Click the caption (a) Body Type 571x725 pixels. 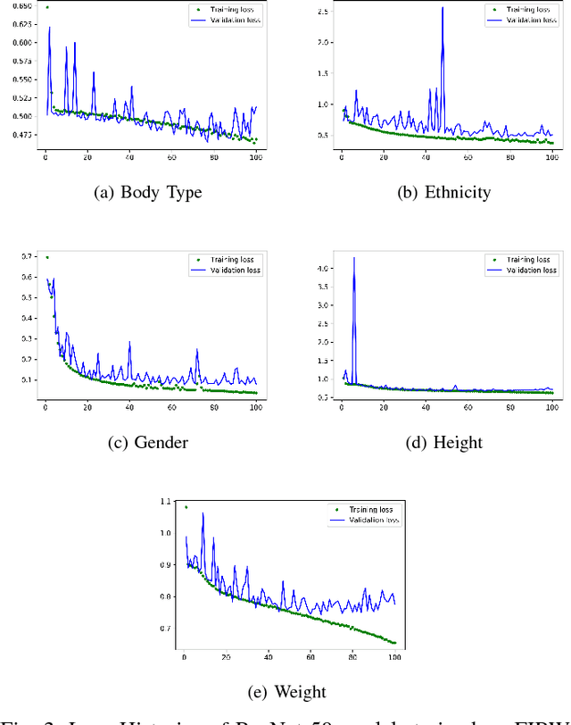(148, 191)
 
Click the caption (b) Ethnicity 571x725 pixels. (442, 191)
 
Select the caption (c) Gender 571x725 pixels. (148, 442)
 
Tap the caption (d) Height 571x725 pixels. (442, 442)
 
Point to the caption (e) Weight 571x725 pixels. (286, 691)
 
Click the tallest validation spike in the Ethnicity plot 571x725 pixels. (443, 9)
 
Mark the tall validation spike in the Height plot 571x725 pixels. (354, 259)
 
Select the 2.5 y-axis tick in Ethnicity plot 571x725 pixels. (323, 12)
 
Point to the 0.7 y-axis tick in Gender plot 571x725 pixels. (27, 257)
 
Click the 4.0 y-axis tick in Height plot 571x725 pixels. (323, 268)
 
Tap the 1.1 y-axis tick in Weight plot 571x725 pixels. (165, 502)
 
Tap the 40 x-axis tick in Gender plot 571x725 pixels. (129, 408)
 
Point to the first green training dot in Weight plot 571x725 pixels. (186, 507)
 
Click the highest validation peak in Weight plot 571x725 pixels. (203, 513)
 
